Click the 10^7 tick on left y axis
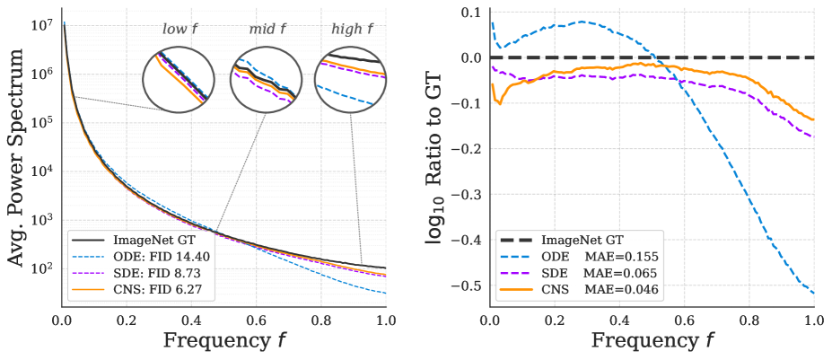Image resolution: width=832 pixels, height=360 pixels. click(44, 25)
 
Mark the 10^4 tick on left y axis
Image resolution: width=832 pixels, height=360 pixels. click(44, 171)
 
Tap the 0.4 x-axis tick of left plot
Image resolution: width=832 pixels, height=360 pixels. click(191, 320)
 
